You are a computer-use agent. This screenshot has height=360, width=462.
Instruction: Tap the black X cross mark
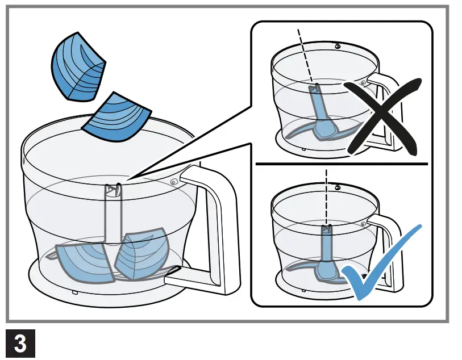click(384, 118)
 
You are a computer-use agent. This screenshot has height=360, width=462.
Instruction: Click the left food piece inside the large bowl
click(84, 262)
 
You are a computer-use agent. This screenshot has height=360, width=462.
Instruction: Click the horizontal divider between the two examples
click(341, 164)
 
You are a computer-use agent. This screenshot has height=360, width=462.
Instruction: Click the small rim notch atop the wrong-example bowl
click(337, 46)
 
